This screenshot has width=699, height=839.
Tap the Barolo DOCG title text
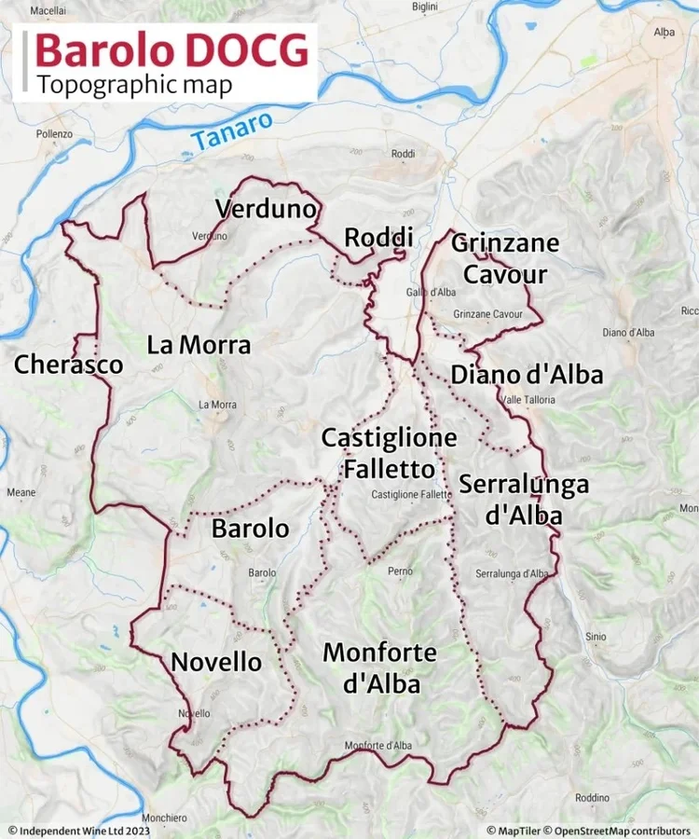pos(172,50)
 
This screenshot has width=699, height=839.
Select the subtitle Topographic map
pos(134,84)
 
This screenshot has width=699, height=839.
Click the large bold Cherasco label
pos(68,364)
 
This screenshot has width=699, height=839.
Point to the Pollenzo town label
pos(54,134)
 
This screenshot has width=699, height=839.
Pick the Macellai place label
pos(48,9)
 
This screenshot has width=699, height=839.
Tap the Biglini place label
pos(425,7)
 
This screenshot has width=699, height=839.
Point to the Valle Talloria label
pos(528,400)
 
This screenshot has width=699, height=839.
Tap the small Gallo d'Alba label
pos(431,293)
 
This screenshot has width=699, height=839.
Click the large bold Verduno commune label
pos(266,209)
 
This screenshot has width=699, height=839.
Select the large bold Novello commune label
pos(216,662)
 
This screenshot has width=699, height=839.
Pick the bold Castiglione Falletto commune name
pos(389,453)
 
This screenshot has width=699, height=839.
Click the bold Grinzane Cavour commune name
pos(505,259)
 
